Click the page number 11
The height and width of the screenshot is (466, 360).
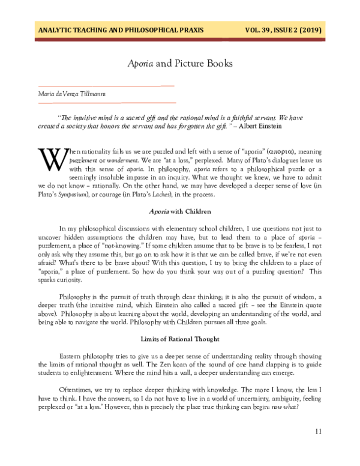[319, 431]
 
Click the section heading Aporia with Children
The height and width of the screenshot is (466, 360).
[180, 211]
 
